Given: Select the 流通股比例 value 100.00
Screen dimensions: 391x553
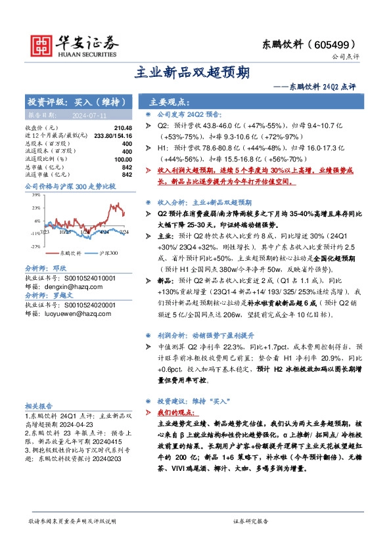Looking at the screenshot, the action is (x=122, y=158).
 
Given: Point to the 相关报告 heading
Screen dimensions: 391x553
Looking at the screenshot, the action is (x=39, y=406).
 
